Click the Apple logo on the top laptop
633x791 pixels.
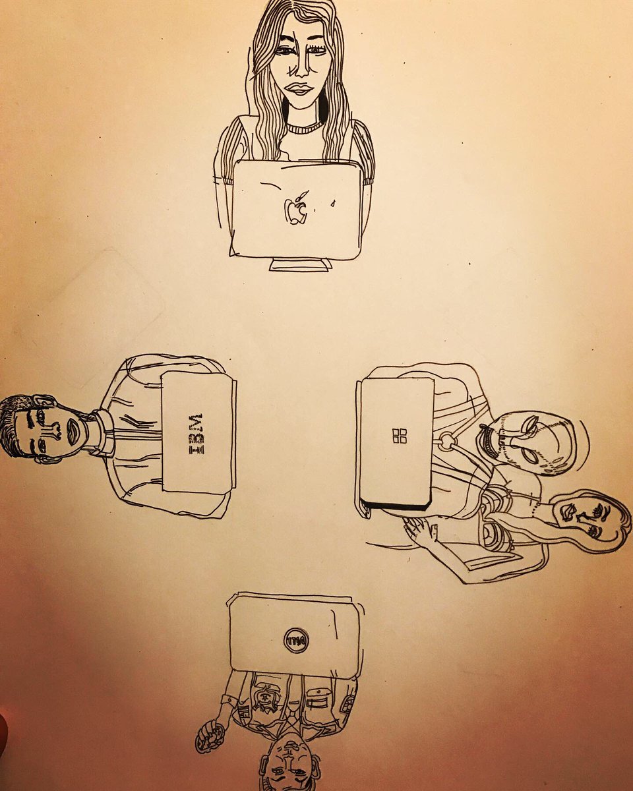click(296, 210)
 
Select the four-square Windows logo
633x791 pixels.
click(400, 436)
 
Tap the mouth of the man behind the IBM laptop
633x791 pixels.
click(72, 430)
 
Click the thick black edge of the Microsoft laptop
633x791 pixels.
click(396, 506)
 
